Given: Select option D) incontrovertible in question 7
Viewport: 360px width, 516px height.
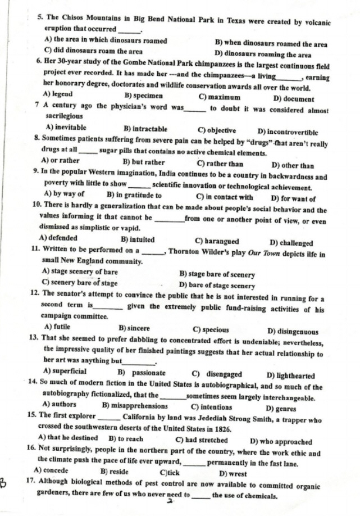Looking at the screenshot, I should (x=287, y=133).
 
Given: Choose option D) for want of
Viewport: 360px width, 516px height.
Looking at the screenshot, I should (x=293, y=198).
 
